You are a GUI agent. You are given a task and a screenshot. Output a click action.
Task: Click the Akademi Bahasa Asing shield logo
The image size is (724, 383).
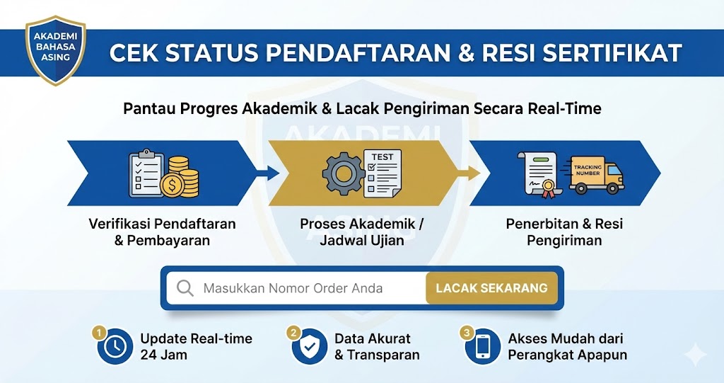55,49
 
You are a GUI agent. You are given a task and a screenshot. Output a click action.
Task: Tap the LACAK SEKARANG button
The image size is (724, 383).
491,288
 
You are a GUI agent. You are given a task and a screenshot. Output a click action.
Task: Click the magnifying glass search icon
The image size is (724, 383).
185,288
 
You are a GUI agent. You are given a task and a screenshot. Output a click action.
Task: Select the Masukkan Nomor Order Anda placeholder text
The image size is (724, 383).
293,288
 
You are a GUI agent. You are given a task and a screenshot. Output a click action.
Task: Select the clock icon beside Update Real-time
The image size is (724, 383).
115,347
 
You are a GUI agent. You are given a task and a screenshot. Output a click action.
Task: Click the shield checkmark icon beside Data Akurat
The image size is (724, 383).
308,347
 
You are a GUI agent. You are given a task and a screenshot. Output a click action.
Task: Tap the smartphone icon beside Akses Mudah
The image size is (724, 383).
483,347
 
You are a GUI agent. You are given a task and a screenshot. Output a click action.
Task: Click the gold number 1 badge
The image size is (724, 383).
100,331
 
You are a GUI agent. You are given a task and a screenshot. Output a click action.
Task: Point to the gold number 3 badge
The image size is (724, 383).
466,331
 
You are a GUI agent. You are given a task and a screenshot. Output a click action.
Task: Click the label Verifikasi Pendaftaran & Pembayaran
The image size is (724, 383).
162,232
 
